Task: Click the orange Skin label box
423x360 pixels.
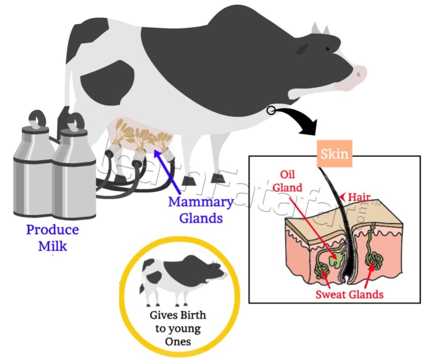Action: (x=334, y=154)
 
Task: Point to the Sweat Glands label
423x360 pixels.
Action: (x=349, y=294)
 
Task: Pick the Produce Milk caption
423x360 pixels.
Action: (x=52, y=237)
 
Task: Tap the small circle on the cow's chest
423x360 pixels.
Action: (x=271, y=110)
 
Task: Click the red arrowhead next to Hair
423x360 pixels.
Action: (x=342, y=196)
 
